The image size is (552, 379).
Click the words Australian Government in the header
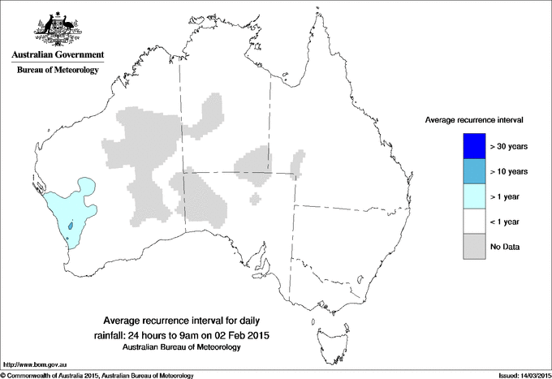[x=57, y=55]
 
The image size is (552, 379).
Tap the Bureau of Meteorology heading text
[x=57, y=71]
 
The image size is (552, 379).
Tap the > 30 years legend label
[x=510, y=147]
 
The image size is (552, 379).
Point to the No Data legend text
[x=507, y=247]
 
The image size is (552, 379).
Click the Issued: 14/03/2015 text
[x=519, y=375]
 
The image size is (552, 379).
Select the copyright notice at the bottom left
[x=97, y=375]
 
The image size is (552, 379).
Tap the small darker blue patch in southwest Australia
[x=71, y=226]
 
